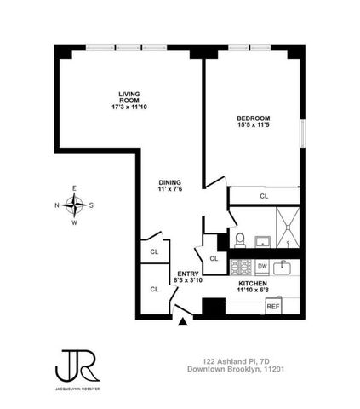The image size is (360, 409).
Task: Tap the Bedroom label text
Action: [253, 118]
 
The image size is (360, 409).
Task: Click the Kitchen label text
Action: [253, 283]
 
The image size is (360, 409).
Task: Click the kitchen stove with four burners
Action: [240, 268]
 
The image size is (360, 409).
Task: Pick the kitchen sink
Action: [286, 268]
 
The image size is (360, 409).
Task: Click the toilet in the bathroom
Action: [239, 239]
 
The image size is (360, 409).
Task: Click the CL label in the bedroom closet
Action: [263, 196]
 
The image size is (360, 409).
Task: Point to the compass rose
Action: [75, 204]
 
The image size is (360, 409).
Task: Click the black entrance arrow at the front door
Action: [182, 322]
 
